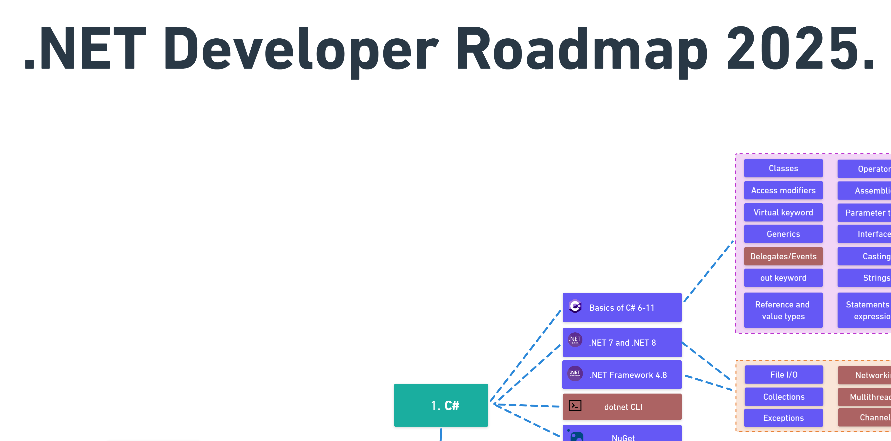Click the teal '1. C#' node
tap(441, 405)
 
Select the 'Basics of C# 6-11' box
tap(622, 307)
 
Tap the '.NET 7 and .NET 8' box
tap(622, 342)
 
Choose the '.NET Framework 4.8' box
tap(622, 375)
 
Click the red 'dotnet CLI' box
tap(622, 407)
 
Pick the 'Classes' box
tap(783, 169)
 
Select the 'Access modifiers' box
tap(783, 190)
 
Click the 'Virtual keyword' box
tap(783, 212)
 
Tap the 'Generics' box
tap(783, 234)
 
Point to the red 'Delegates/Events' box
tap(783, 256)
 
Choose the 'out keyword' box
tap(783, 278)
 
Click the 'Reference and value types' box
tap(783, 310)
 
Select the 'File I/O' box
tap(783, 374)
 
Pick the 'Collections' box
tap(783, 397)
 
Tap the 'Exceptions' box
tap(783, 418)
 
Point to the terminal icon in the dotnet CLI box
tap(575, 405)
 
